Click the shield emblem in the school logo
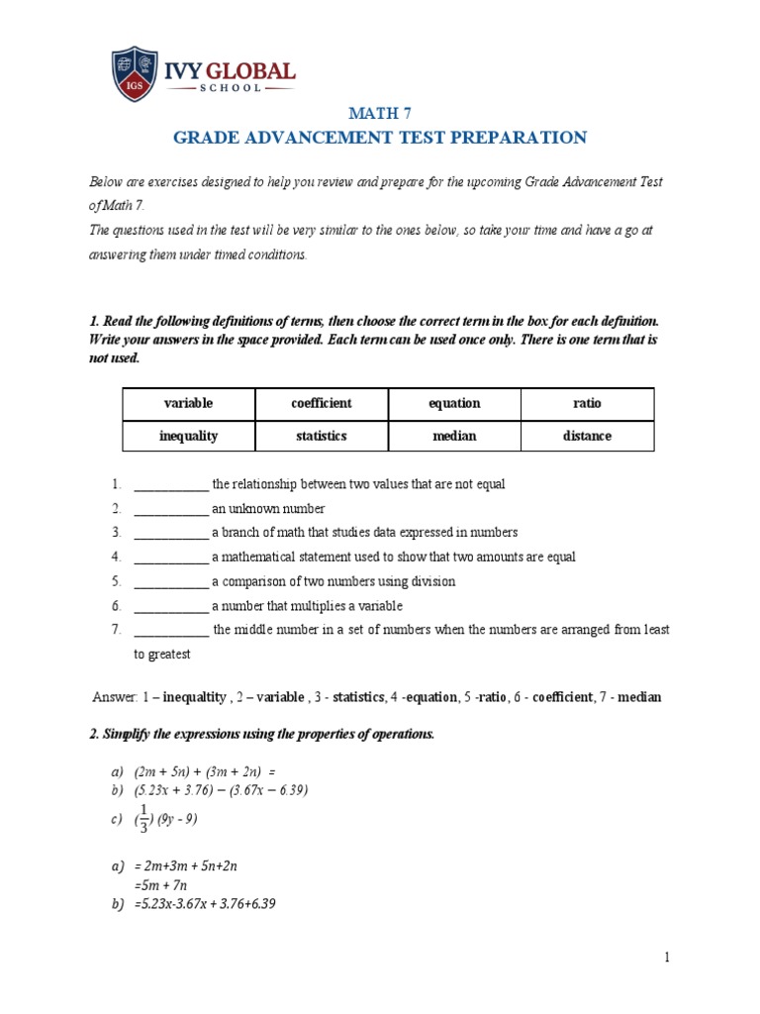(x=134, y=74)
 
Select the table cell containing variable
(x=188, y=404)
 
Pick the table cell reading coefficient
(x=322, y=404)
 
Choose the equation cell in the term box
(x=454, y=404)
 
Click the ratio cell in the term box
(x=587, y=404)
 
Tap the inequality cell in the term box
(x=188, y=436)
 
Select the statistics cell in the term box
(x=322, y=436)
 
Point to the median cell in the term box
(x=454, y=436)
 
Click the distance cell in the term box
(x=587, y=436)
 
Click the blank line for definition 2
(x=170, y=510)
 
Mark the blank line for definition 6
(x=170, y=607)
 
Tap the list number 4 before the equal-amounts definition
(x=116, y=558)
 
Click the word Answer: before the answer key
(x=114, y=697)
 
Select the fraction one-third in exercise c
(x=143, y=819)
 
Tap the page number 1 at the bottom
(x=668, y=957)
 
